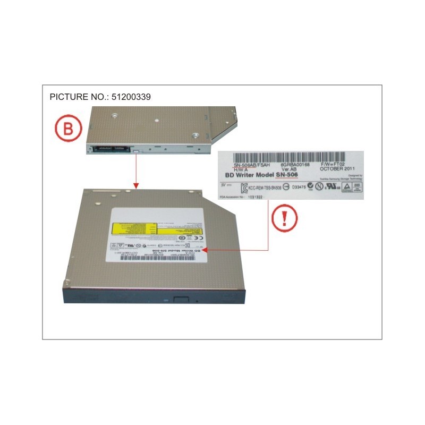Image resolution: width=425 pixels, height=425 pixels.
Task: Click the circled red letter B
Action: pyautogui.click(x=67, y=129)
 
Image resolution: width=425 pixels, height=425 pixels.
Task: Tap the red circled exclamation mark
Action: pyautogui.click(x=285, y=219)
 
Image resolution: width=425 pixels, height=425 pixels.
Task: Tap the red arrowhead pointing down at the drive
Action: pyautogui.click(x=136, y=186)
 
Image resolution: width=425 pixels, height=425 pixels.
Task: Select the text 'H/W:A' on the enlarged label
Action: pyautogui.click(x=236, y=169)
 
